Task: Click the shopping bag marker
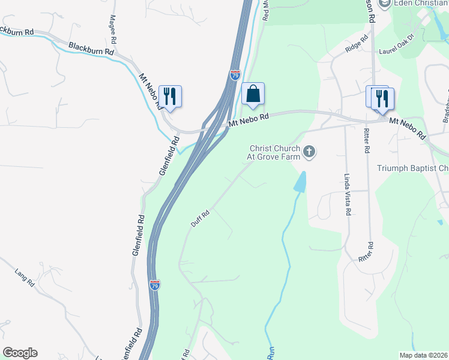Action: coord(253,95)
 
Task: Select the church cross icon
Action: coord(309,151)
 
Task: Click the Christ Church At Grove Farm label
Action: coord(274,152)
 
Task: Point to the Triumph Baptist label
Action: coord(412,168)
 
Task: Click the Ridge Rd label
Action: coord(355,46)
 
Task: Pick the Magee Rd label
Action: coord(112,28)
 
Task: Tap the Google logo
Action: coord(20,353)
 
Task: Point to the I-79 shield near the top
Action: coord(235,75)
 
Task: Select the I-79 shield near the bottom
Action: coord(155,286)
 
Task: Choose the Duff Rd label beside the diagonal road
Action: coord(200,217)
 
